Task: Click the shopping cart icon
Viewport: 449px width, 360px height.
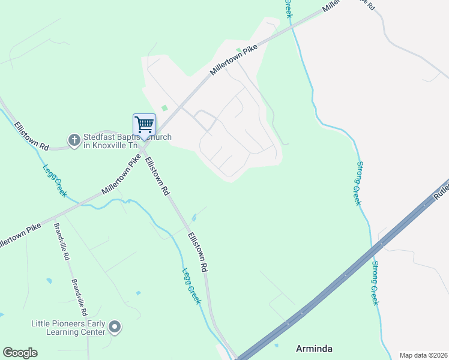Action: point(144,125)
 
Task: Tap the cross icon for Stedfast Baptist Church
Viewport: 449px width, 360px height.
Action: point(74,140)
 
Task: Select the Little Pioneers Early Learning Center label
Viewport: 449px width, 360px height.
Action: point(68,328)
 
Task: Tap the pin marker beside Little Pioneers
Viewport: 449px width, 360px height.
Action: point(115,328)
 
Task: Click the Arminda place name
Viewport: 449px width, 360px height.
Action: point(315,348)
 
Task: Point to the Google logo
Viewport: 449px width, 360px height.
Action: point(20,353)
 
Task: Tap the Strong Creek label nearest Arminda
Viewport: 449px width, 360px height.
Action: point(375,283)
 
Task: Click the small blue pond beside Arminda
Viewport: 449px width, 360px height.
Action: point(276,345)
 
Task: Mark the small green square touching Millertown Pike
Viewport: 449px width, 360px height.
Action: point(238,50)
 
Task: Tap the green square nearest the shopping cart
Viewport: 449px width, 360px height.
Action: point(164,108)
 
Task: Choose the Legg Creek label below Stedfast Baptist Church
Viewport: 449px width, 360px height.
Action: point(54,181)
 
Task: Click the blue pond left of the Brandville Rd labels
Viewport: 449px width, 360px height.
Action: point(48,280)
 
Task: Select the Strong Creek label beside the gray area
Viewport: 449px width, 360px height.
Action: point(358,183)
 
